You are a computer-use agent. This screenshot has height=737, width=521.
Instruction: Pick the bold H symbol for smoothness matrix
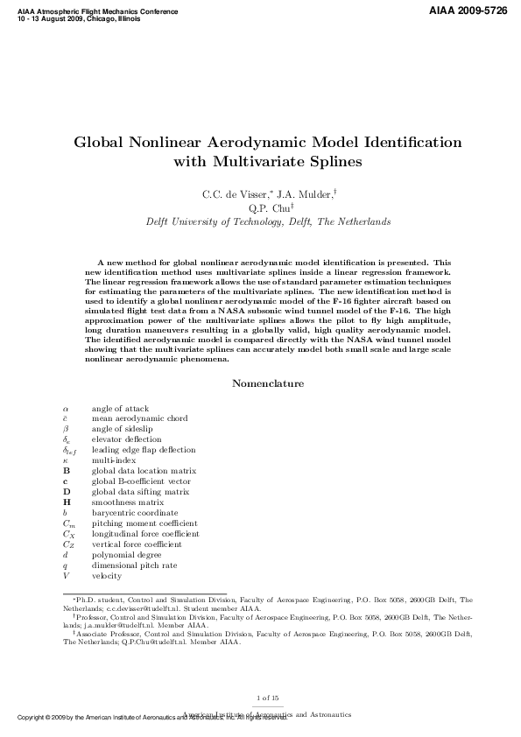[x=67, y=502]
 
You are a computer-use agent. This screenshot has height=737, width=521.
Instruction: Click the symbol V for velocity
[x=66, y=576]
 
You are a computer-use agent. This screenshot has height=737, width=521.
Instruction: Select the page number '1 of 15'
[x=268, y=697]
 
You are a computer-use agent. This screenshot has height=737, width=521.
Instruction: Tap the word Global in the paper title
[x=101, y=142]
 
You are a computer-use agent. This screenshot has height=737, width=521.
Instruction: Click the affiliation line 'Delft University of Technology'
[x=268, y=222]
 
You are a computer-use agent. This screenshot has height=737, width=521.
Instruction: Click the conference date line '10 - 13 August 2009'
[x=52, y=19]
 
